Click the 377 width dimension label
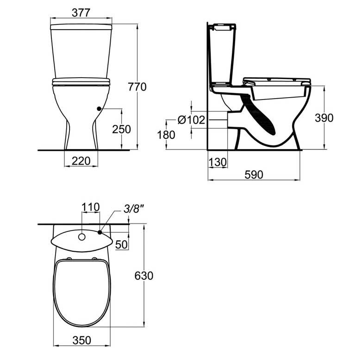coord(81,12)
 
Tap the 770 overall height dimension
coord(137,87)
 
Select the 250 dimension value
coord(121,129)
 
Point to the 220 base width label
coord(81,161)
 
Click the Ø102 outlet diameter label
coord(191,120)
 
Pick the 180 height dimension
coord(166,135)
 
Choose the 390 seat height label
coord(325,118)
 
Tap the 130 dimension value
coord(218,162)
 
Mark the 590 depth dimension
coord(254,175)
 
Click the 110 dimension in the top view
coord(91,207)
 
